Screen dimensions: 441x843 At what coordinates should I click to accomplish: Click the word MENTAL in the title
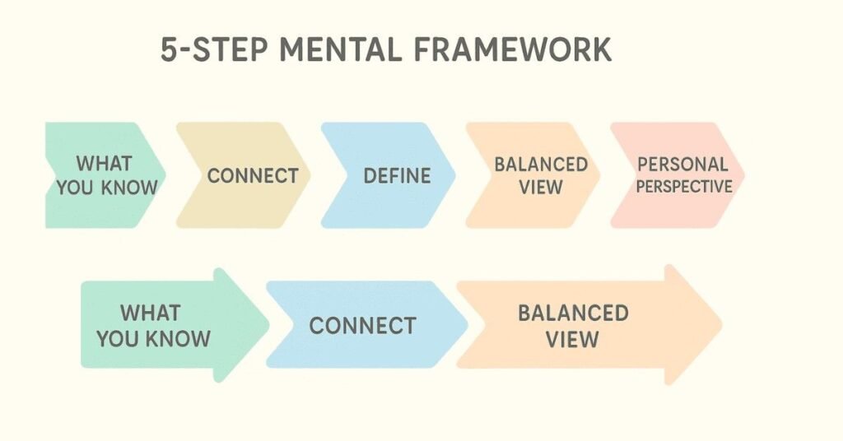(333, 49)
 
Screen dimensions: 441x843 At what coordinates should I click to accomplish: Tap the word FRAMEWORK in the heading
(510, 49)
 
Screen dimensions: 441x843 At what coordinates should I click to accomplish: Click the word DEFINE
(397, 175)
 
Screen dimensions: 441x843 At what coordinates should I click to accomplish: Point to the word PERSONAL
(682, 164)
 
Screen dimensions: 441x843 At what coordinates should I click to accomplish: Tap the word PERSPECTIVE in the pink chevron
(683, 187)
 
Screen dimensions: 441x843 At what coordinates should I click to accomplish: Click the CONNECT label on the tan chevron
(252, 175)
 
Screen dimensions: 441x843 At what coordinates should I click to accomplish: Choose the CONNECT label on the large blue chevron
(362, 325)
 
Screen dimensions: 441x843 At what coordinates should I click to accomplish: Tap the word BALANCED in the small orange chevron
(540, 164)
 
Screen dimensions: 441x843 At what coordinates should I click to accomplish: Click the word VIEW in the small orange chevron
(540, 187)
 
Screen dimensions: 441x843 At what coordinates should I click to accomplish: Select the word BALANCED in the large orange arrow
(572, 313)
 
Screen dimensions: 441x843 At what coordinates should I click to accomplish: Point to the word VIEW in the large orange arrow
(572, 339)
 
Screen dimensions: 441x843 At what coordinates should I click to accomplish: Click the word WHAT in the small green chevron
(104, 163)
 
